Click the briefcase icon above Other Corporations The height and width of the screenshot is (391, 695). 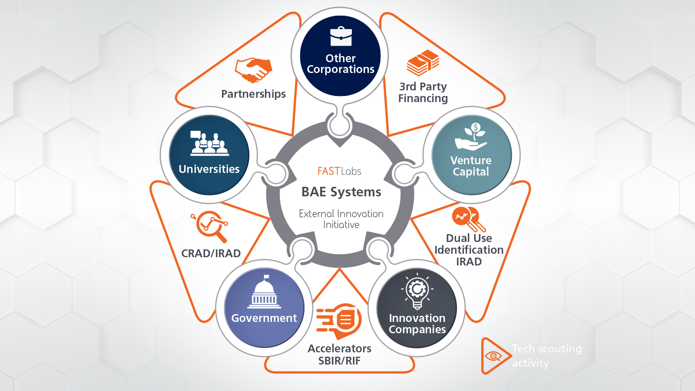point(341,36)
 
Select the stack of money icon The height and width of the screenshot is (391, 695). point(423,63)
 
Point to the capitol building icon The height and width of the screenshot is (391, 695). point(264,292)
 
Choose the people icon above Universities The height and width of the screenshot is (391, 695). point(209,143)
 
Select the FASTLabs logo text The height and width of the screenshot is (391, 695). point(339,171)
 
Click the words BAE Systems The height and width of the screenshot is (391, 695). point(341,192)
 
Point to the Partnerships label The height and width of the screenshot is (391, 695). point(253,94)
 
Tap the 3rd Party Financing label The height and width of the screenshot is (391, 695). point(423,93)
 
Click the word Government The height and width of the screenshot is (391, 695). point(264,318)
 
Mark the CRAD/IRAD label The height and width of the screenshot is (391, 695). point(211,253)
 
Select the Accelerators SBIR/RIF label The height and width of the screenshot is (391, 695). point(339,355)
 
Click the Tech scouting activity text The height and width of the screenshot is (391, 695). point(546,355)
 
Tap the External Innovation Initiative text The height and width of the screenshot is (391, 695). point(341,219)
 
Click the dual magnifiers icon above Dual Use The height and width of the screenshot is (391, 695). point(468,219)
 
